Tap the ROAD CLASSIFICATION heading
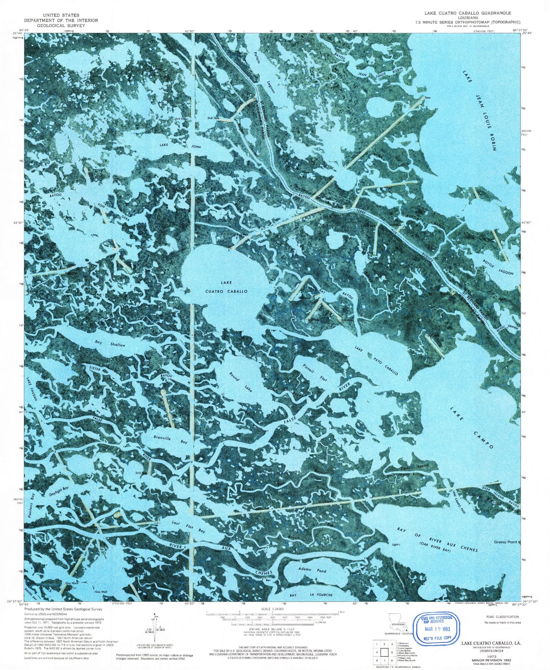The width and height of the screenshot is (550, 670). point(502,617)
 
